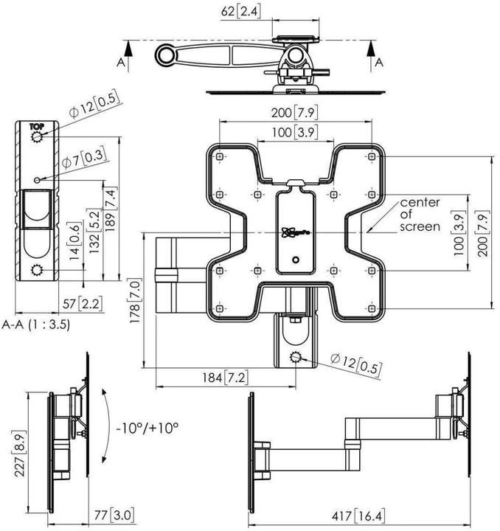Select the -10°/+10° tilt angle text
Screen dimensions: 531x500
147,427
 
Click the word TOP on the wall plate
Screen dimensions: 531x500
36,126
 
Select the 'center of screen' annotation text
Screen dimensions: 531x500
420,215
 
